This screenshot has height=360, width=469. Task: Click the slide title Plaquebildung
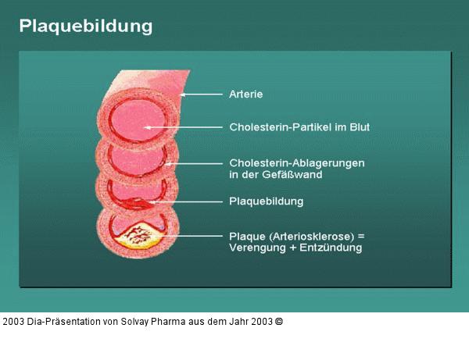click(86, 26)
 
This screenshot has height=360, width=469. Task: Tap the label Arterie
click(246, 94)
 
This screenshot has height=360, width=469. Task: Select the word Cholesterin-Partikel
click(274, 127)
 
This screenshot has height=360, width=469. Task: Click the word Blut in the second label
click(358, 127)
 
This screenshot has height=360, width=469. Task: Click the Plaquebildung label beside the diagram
click(266, 201)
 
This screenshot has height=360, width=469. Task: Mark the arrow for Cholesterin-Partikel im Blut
click(184, 127)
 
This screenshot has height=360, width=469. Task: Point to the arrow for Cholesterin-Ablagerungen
click(195, 163)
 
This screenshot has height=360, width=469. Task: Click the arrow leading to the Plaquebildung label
click(188, 201)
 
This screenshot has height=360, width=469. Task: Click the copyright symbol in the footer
click(279, 321)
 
